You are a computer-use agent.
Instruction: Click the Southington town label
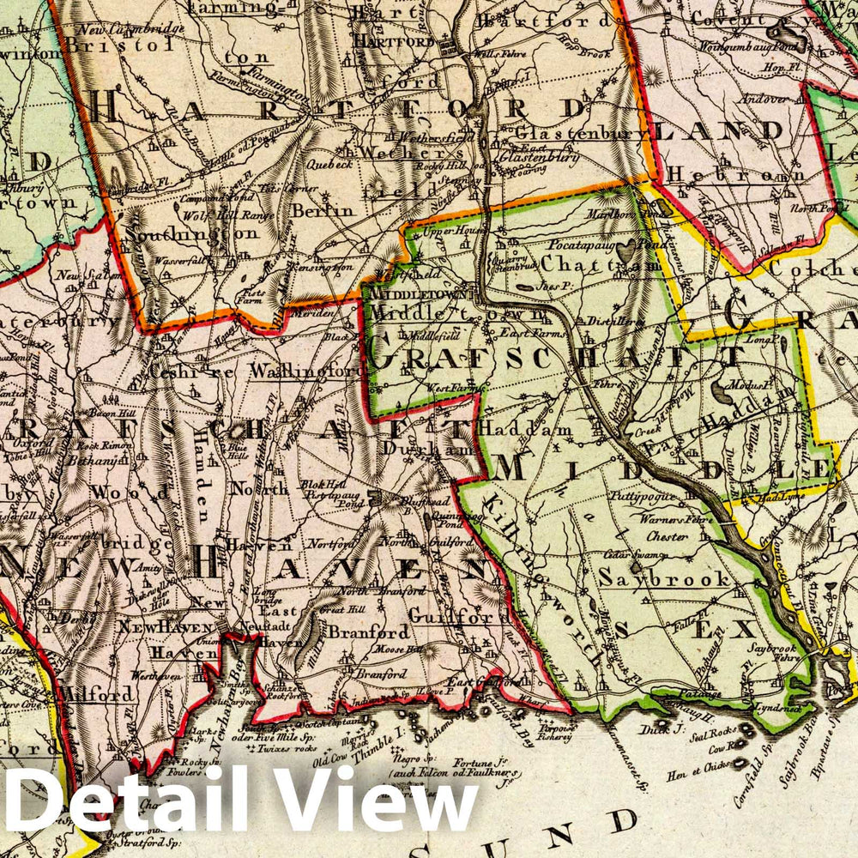[190, 233]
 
